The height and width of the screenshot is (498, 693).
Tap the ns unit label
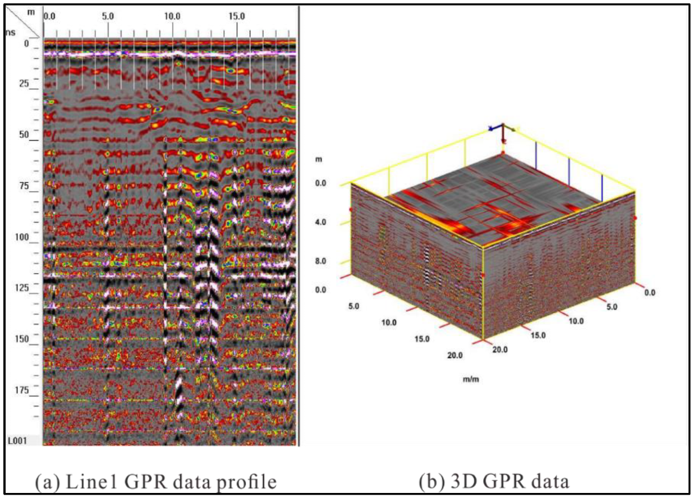[10, 33]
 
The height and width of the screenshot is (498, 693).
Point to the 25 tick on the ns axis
[24, 84]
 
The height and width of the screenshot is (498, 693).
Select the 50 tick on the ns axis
[24, 135]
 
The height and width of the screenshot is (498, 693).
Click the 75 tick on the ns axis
[24, 186]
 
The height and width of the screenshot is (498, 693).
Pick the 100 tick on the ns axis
[22, 237]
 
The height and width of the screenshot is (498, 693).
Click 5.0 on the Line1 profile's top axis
[108, 17]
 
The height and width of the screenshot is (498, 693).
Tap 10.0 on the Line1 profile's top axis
[172, 17]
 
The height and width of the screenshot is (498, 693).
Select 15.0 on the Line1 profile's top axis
[237, 17]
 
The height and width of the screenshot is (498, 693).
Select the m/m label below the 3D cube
[471, 379]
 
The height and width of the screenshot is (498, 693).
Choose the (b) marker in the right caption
[430, 481]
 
